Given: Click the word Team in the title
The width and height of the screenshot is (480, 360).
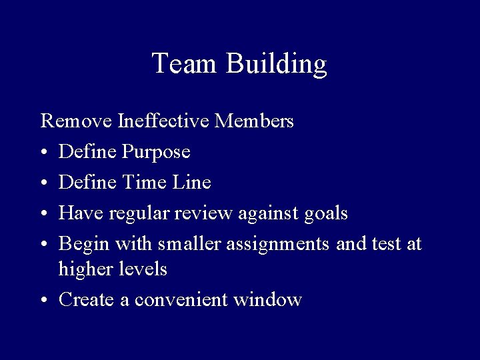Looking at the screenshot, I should tap(185, 63).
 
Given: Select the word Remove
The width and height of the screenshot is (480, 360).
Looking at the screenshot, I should tap(77, 121).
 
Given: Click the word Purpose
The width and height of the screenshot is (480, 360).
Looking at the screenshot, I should tap(157, 153).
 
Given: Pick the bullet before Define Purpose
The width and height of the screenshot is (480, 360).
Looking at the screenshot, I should tap(44, 153).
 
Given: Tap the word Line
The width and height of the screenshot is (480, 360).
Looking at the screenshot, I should tap(193, 182).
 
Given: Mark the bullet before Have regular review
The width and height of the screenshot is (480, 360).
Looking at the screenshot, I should tap(44, 214).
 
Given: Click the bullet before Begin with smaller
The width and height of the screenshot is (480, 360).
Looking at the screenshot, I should tap(44, 245).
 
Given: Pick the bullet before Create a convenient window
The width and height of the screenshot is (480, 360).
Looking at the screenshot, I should tap(44, 301).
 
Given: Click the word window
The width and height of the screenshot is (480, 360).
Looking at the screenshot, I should tap(267, 300).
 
